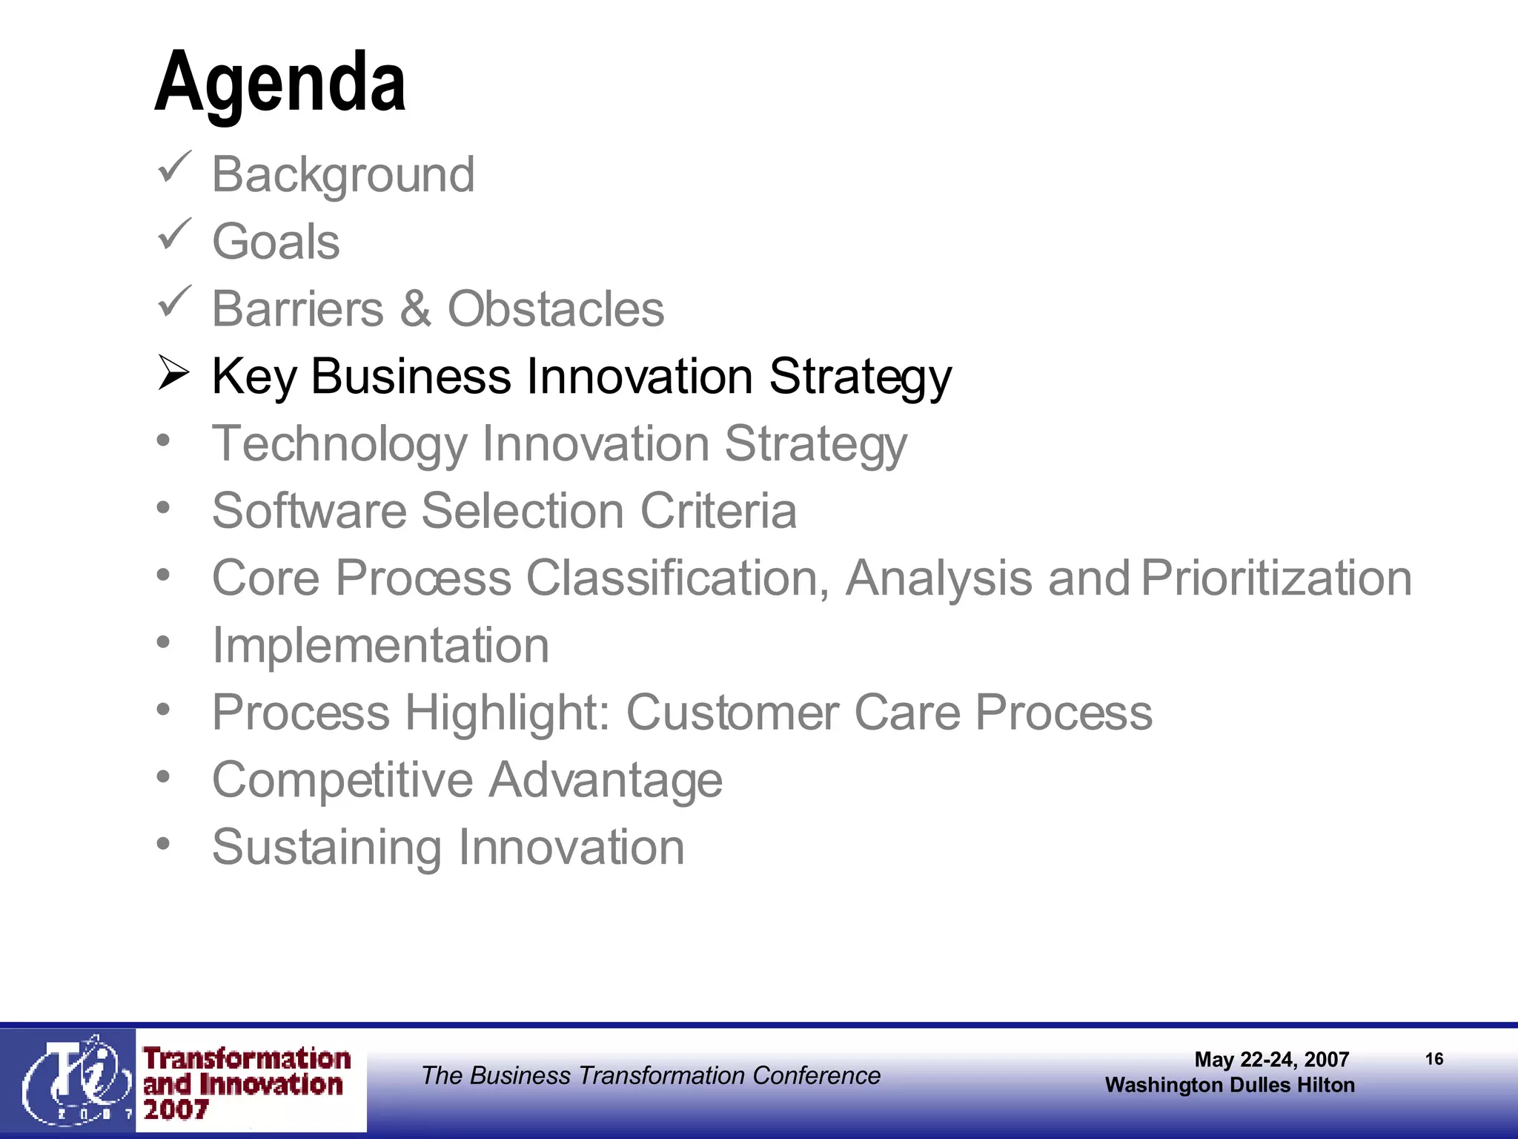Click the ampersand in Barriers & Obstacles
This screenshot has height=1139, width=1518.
tap(415, 309)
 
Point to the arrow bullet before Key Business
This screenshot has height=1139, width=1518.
tap(174, 373)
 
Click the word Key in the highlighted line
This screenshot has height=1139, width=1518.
tap(253, 377)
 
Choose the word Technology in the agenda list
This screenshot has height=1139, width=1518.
tap(339, 444)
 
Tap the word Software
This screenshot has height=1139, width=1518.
tap(309, 511)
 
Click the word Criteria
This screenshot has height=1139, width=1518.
tap(718, 511)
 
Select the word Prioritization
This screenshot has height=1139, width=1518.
tap(1276, 578)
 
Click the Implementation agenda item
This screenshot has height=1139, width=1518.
tap(380, 645)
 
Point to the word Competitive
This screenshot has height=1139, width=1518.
tap(342, 780)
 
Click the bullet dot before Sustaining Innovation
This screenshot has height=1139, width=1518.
tap(164, 843)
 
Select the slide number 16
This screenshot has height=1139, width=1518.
tap(1434, 1059)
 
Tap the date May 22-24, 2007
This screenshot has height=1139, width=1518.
tap(1271, 1060)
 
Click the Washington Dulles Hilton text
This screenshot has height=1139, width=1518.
tap(1230, 1085)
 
